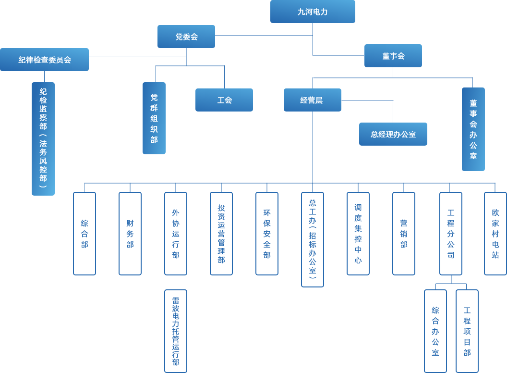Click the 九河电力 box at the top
[313, 12]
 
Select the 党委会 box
[186, 37]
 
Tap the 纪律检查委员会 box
[44, 60]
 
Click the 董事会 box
[393, 56]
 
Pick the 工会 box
[224, 100]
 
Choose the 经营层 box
[312, 100]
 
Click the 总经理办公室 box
[393, 134]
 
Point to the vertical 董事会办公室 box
[473, 129]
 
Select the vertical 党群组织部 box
[154, 118]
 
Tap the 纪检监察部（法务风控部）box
[43, 138]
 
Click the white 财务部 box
[130, 234]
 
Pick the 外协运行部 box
[176, 234]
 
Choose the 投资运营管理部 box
[221, 234]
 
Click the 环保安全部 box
[267, 234]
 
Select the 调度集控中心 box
[358, 234]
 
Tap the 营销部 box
[404, 234]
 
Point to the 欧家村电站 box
[495, 234]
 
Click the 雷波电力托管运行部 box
[176, 331]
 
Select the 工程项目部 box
[467, 331]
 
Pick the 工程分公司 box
[451, 234]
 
